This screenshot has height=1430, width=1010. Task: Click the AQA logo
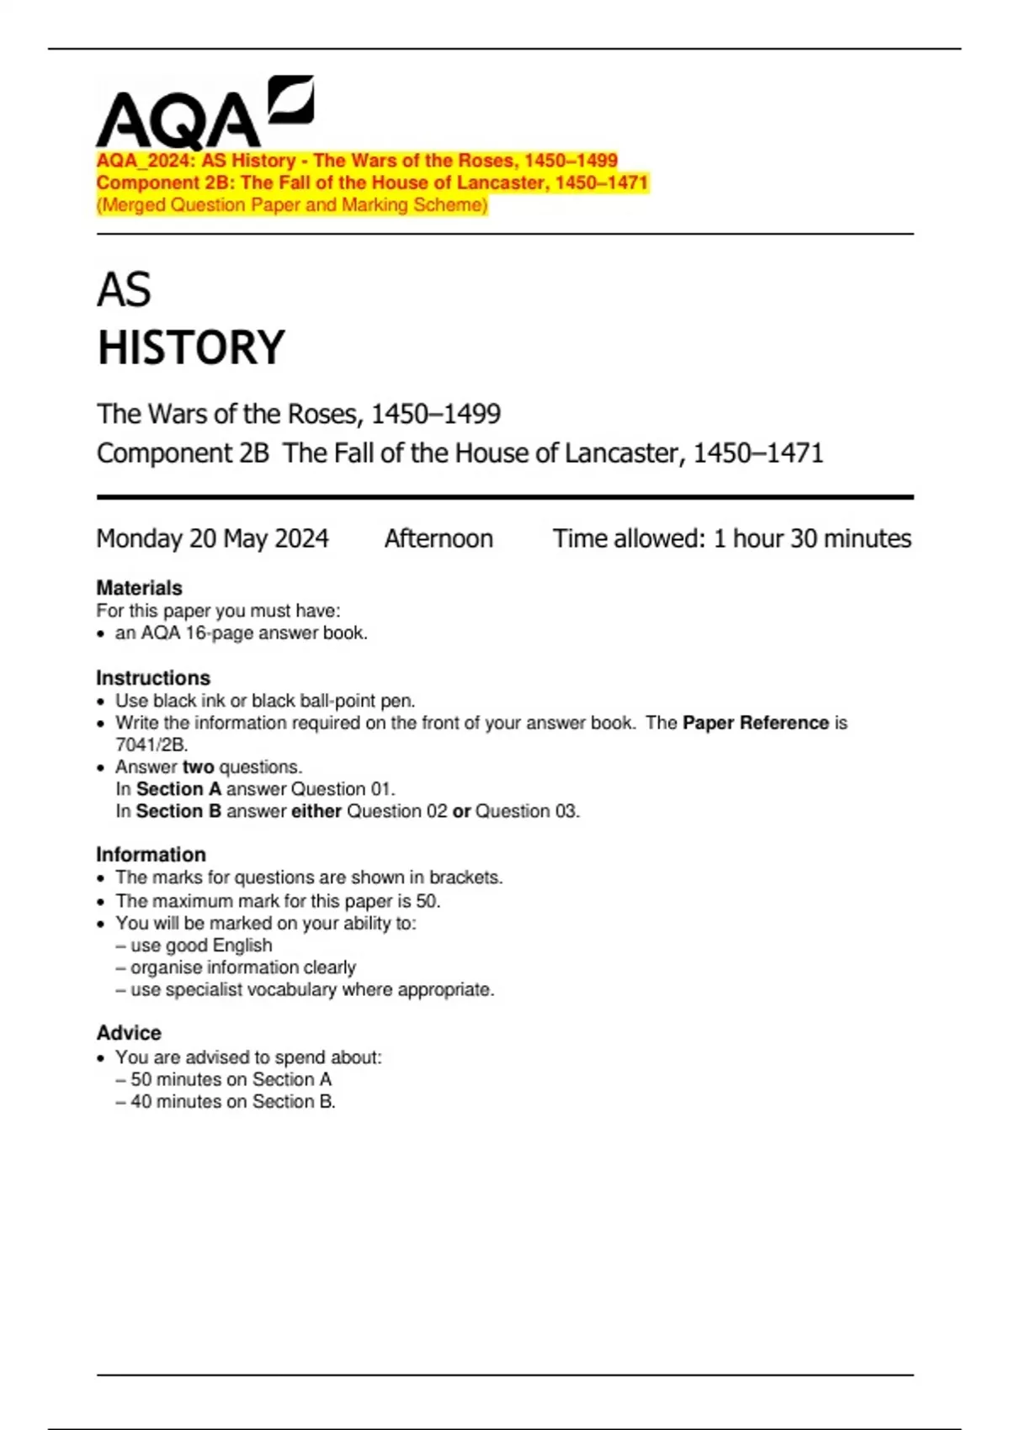tap(205, 114)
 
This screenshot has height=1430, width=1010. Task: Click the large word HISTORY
tap(191, 347)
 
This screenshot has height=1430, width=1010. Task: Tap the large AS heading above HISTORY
tap(124, 290)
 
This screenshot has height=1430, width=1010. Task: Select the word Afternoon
tap(439, 538)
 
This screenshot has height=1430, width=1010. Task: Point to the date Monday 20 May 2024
tap(212, 538)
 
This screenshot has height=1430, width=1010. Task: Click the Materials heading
tap(139, 588)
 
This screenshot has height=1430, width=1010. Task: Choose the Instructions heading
tap(153, 678)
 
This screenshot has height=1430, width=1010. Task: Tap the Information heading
tap(151, 855)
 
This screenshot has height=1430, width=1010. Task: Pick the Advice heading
tap(129, 1033)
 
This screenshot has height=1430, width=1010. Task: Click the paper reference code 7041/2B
tap(151, 744)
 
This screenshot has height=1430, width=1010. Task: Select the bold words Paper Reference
tap(755, 723)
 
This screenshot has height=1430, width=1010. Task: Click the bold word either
tap(316, 811)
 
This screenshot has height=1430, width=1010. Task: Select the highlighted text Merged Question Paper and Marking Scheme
tap(292, 205)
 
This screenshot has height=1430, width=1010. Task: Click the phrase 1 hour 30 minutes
tap(812, 538)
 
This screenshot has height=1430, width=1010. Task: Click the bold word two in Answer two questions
tap(198, 767)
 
